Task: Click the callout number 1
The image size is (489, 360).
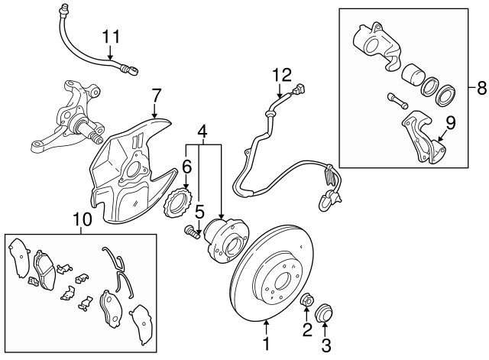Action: click(x=267, y=345)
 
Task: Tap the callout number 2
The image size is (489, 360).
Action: click(x=306, y=330)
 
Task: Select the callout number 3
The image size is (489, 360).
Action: click(x=326, y=345)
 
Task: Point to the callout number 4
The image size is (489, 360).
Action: click(x=202, y=132)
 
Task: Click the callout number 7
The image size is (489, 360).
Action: click(x=156, y=96)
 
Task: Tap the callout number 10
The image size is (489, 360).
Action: click(x=82, y=220)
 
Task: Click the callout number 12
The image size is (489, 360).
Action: click(x=282, y=75)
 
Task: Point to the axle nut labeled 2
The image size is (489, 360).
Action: click(x=306, y=300)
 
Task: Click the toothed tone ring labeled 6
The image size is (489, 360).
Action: click(x=178, y=205)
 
